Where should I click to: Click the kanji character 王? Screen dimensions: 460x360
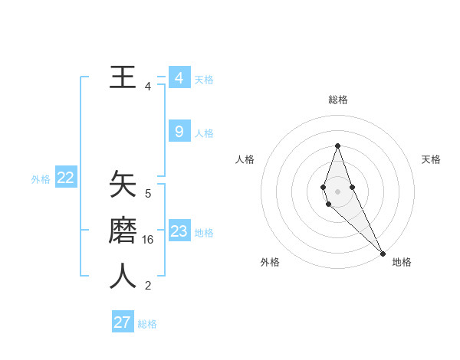coord(122,77)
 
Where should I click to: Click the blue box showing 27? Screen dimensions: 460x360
coord(123,322)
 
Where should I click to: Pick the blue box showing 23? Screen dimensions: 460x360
coord(179,231)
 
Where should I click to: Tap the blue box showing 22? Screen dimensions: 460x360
coord(65,178)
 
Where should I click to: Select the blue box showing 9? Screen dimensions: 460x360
coord(179,132)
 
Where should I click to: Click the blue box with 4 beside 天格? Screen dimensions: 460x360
coord(179,78)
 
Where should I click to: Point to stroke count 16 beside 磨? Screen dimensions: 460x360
coord(148,240)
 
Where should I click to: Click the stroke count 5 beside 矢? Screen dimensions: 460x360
coord(148,194)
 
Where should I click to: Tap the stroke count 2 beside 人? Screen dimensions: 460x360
coord(148,286)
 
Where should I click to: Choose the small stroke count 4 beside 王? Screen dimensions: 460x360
coord(148,87)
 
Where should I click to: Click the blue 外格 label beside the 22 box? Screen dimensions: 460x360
coord(41,179)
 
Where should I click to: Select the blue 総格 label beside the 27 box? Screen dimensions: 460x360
coord(147,324)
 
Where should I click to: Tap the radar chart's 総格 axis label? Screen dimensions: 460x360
coord(338,100)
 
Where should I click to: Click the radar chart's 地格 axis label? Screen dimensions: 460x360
coord(402,262)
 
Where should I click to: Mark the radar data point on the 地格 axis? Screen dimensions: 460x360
coord(383,253)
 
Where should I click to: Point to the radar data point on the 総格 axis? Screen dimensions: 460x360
coord(337,146)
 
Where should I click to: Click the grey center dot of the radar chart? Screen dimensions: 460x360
coord(337,190)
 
